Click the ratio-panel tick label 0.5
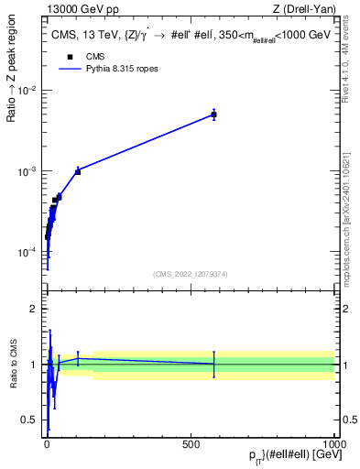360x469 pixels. tap(30, 420)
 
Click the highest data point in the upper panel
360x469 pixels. tap(213, 115)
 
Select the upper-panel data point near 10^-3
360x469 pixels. tap(78, 171)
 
